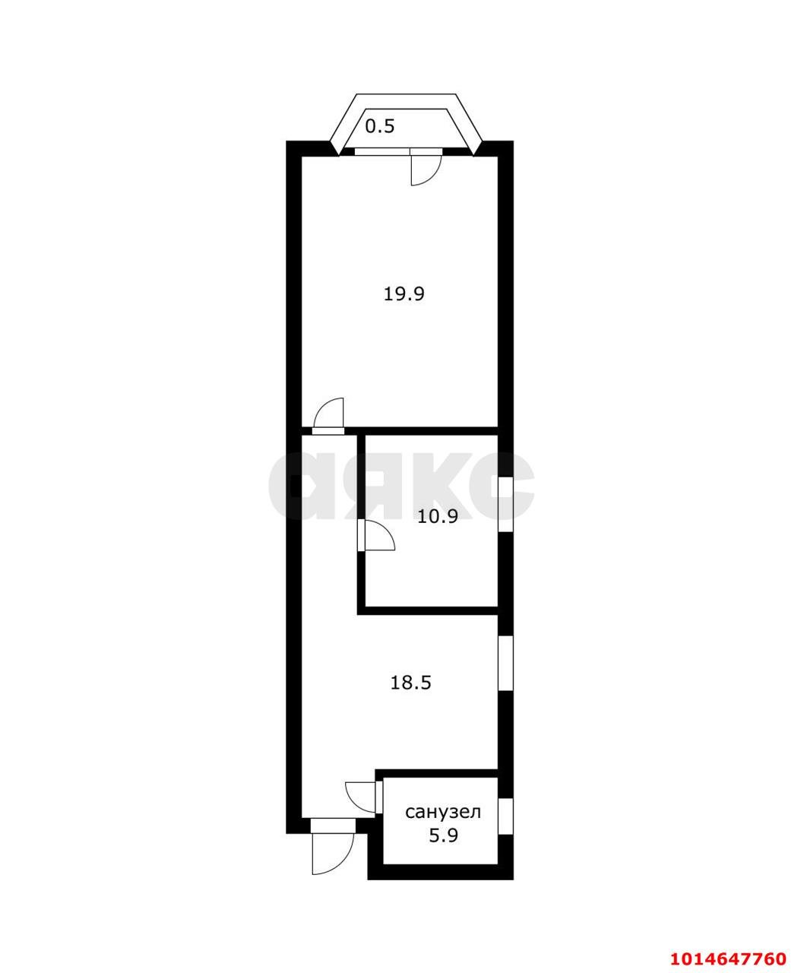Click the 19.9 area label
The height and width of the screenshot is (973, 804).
[403, 293]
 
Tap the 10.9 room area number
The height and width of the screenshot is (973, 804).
[437, 517]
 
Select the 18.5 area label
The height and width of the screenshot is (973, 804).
[410, 683]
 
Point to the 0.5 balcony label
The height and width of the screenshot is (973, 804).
[380, 126]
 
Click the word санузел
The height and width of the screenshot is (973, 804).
[443, 812]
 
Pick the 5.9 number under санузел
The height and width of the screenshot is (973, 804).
[443, 836]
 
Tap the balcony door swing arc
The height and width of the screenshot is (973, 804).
[425, 170]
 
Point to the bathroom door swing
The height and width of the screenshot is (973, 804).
[360, 796]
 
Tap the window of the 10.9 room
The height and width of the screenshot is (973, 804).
[505, 503]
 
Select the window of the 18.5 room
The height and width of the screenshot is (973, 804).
[505, 663]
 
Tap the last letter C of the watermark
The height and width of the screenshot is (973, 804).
[498, 486]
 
